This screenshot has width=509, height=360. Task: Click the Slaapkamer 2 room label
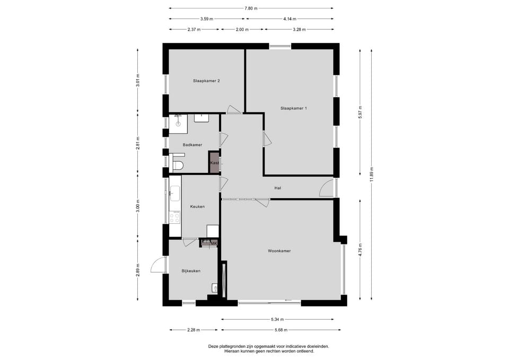(x=206, y=81)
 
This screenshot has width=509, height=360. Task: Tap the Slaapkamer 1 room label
(x=293, y=108)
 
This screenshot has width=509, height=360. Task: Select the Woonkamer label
(x=279, y=251)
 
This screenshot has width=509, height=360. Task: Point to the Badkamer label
(x=192, y=145)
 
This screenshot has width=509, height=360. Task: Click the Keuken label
(x=197, y=206)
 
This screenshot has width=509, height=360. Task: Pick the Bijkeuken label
(x=191, y=271)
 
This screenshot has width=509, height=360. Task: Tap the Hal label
(x=277, y=188)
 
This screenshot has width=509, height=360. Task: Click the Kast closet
(x=214, y=162)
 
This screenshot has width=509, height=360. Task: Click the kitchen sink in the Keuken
(x=175, y=193)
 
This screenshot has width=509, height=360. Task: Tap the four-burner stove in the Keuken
(x=174, y=217)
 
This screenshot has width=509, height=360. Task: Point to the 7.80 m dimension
(x=251, y=8)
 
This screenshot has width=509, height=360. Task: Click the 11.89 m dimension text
(x=372, y=175)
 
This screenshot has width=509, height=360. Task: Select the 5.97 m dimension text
(x=360, y=112)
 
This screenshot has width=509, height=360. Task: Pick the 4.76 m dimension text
(x=360, y=250)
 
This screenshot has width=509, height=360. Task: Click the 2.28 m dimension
(x=194, y=330)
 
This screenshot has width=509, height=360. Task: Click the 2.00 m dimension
(x=242, y=30)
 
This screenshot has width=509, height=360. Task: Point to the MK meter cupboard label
(x=213, y=243)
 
